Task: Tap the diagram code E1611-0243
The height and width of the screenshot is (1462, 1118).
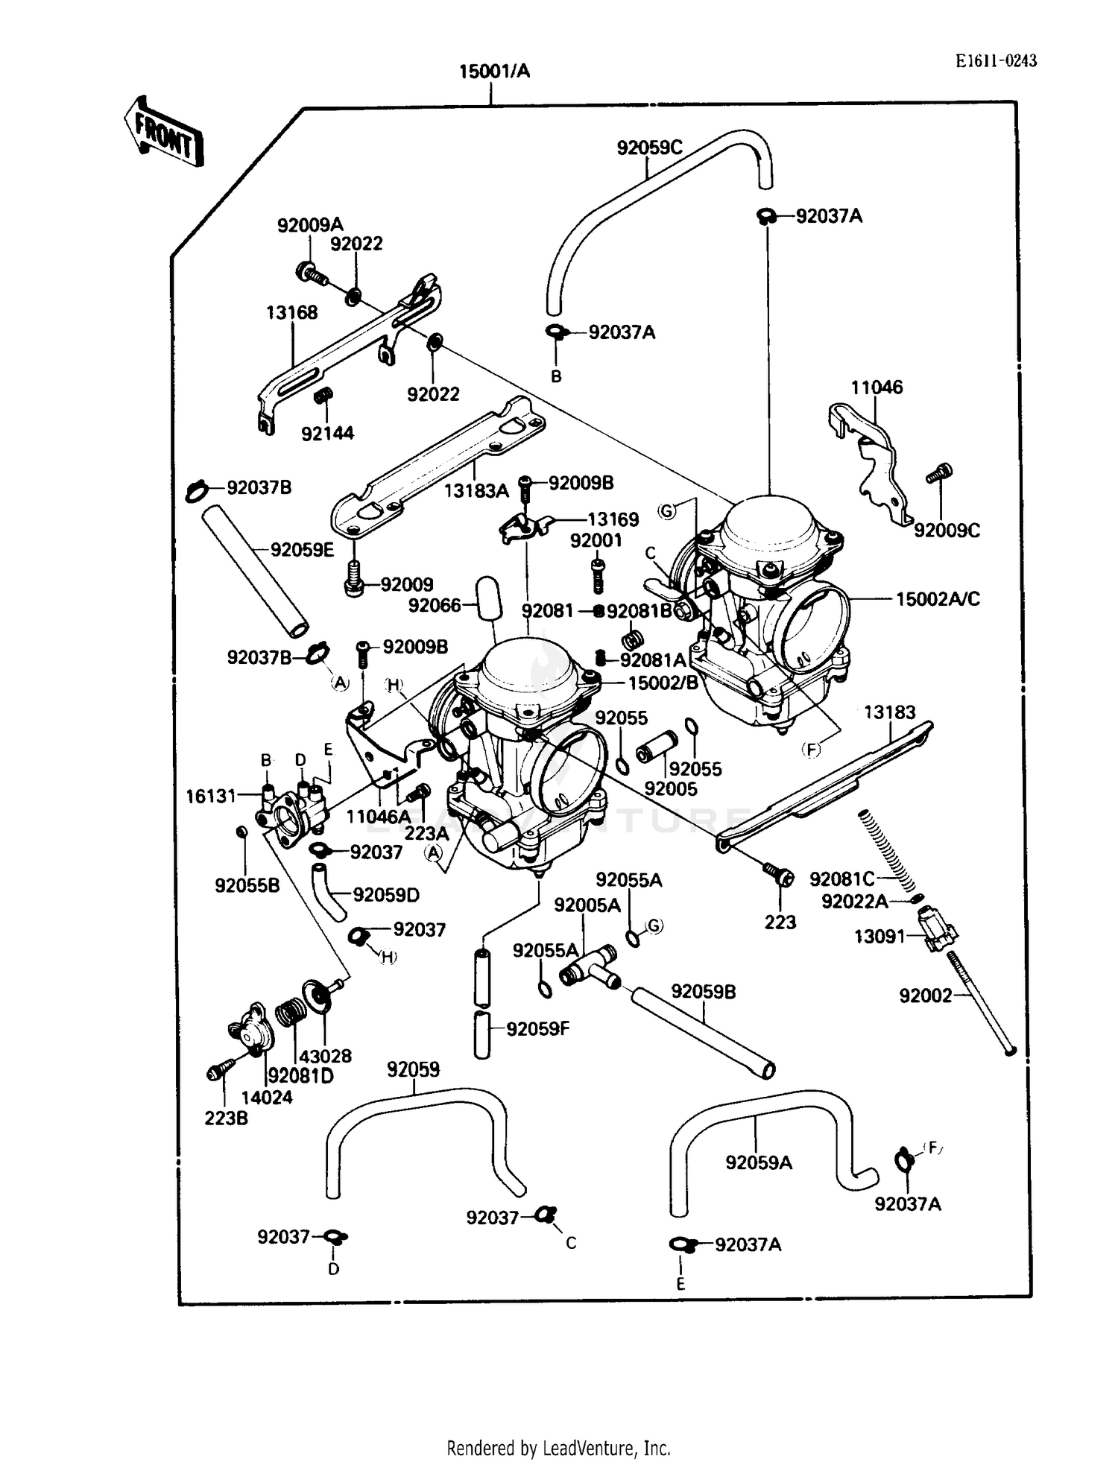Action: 997,61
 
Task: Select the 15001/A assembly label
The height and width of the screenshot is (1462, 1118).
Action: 494,72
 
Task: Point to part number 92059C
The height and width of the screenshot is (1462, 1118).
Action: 649,148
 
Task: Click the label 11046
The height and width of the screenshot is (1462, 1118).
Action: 877,387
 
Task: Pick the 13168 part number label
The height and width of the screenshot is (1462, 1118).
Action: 291,313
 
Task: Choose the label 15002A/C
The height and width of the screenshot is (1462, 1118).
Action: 937,599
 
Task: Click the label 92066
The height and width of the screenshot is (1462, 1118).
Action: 435,606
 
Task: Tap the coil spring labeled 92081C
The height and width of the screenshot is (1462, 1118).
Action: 887,849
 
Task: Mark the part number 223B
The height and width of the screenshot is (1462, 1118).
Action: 226,1118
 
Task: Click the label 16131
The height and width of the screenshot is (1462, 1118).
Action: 210,797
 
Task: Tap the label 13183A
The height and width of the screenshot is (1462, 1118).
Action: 476,491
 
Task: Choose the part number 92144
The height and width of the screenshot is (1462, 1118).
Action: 327,434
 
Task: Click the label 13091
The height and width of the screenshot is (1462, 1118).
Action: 879,937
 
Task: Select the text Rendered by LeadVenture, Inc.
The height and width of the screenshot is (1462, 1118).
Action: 558,1448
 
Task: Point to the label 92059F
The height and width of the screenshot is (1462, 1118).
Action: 537,1029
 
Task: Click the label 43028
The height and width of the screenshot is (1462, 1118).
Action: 325,1056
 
